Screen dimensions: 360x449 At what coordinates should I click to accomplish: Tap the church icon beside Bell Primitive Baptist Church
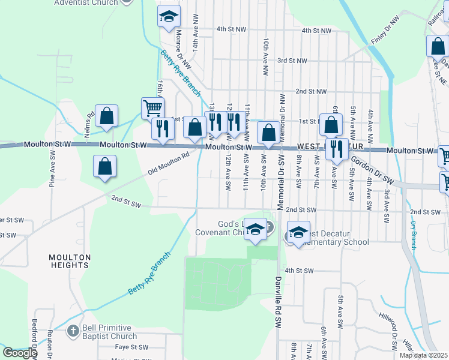73,331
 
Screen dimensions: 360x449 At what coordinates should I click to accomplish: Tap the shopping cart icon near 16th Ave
153,109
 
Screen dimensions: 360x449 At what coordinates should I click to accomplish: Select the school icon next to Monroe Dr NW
169,17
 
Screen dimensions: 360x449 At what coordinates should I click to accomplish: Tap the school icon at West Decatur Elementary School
298,232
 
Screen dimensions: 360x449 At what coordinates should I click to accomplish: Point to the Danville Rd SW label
279,305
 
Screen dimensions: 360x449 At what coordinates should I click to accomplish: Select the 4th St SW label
300,271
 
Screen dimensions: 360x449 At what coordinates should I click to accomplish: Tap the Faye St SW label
131,347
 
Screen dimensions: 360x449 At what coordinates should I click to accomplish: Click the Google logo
20,353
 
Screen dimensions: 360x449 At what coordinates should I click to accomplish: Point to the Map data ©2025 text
424,355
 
